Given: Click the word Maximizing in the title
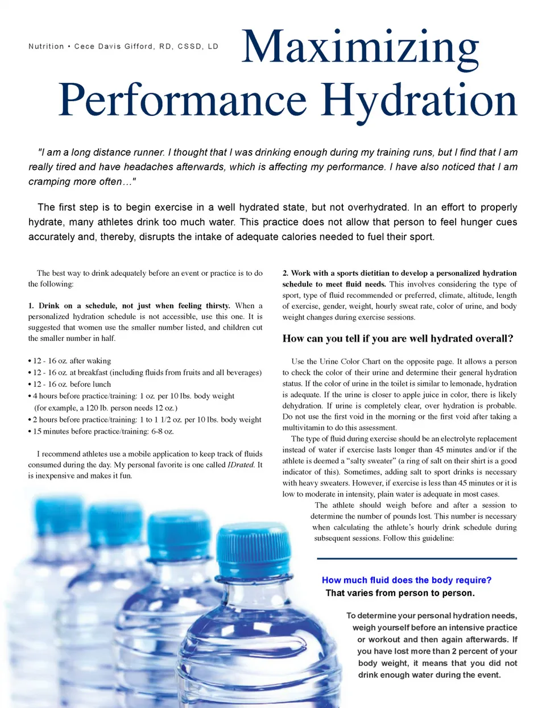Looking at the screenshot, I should pos(361,47).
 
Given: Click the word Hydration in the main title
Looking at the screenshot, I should pos(419,101).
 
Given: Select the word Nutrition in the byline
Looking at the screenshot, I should pos(46,47).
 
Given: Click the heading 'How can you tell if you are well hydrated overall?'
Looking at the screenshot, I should pos(398,339).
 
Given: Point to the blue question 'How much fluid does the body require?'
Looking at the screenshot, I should pos(406,580).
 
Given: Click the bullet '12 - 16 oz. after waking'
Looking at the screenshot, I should pos(72,361).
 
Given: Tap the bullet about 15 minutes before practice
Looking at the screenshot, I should pos(103,432).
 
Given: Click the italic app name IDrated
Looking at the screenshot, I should pos(240,465).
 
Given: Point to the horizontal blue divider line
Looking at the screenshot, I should pos(417,558).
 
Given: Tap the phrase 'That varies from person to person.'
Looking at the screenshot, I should pos(400,593).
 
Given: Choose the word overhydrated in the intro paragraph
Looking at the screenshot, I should pos(371,208).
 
